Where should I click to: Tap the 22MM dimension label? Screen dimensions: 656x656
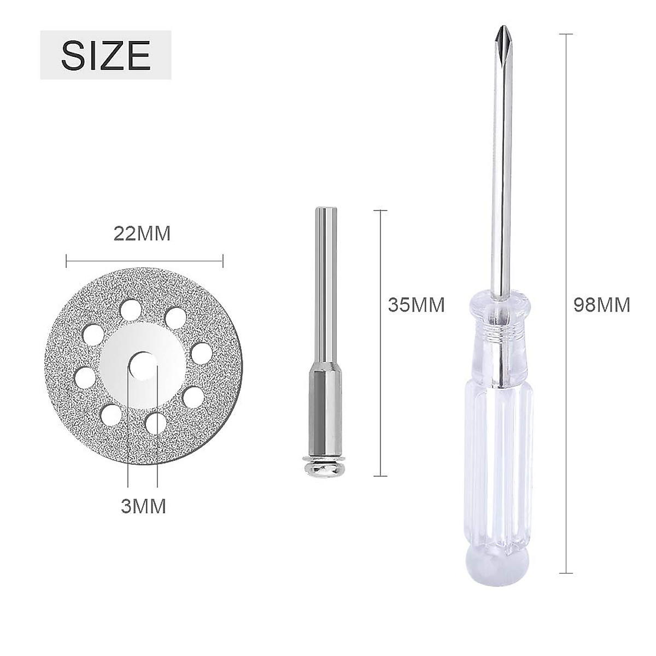142,234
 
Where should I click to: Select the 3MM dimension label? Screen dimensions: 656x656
143,506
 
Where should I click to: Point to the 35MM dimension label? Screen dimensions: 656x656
417,304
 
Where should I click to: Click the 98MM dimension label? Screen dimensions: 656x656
602,304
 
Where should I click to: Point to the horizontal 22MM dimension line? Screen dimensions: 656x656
144,261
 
